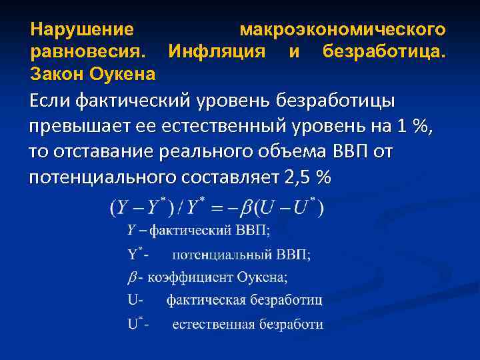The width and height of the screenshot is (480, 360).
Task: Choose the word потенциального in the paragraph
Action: coord(99,178)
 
